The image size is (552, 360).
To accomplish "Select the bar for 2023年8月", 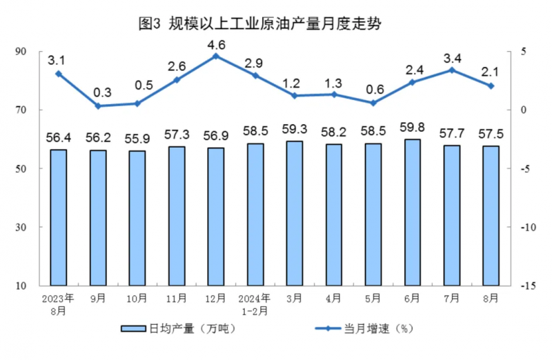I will pyautogui.click(x=59, y=217).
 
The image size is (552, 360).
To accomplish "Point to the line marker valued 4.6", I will pyautogui.click(x=216, y=56).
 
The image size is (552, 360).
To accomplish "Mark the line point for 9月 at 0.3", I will pyautogui.click(x=98, y=106).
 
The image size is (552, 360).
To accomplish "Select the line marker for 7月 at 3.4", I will pyautogui.click(x=452, y=70).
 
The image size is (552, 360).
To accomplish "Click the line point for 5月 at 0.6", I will pyautogui.click(x=373, y=103).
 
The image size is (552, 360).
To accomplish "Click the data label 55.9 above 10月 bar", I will pyautogui.click(x=137, y=137).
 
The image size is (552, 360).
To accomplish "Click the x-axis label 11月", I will pyautogui.click(x=177, y=298).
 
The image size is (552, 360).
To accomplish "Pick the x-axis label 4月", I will pyautogui.click(x=334, y=298).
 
